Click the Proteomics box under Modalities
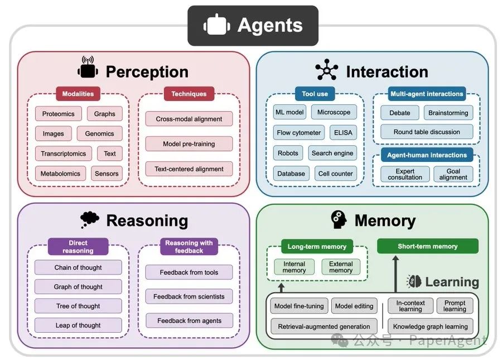click(58, 114)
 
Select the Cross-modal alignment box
click(189, 119)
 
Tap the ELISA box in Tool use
click(343, 133)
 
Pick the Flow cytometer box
click(299, 133)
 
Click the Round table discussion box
click(427, 132)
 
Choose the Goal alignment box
click(453, 174)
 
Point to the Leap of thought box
click(78, 325)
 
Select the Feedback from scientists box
click(189, 296)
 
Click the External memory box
click(341, 267)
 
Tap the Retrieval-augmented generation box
click(324, 327)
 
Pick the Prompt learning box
click(455, 306)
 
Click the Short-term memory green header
click(428, 246)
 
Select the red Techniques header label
click(189, 94)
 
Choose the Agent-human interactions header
click(427, 155)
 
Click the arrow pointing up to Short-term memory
click(395, 274)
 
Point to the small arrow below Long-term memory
click(281, 287)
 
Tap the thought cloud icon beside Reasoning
click(90, 220)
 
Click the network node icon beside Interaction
click(326, 70)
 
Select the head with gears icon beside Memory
click(339, 219)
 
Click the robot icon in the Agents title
click(217, 25)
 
